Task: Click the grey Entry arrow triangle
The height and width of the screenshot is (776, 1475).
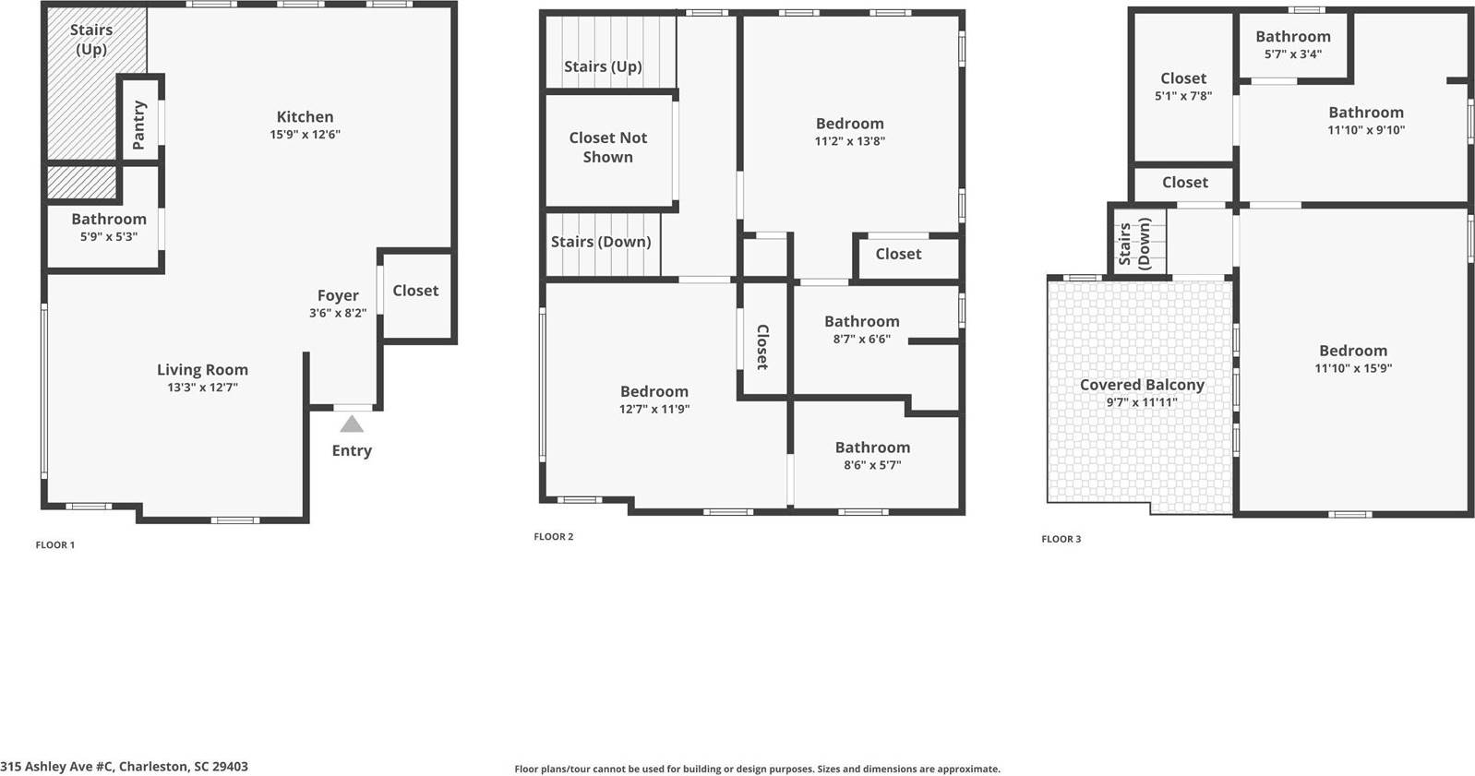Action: coord(352,424)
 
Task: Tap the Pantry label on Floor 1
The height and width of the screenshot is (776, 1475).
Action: coord(139,125)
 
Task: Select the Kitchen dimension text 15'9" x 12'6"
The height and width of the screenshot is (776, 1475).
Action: coord(305,135)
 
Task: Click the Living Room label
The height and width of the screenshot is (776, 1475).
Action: coord(202,370)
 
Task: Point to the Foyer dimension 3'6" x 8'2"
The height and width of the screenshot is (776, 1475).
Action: coord(338,314)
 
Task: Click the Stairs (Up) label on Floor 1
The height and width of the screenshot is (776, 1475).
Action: coord(91,39)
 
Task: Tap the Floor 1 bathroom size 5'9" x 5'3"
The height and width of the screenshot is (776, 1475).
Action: coord(109,237)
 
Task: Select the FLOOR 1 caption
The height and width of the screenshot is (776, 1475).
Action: coord(55,545)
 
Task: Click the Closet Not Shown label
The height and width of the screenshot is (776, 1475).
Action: coord(607,147)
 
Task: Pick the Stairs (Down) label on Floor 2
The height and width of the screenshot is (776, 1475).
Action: coord(601,242)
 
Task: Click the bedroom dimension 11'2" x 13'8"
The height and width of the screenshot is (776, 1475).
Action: coord(849,141)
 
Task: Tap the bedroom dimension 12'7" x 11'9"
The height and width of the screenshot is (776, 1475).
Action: coord(654,410)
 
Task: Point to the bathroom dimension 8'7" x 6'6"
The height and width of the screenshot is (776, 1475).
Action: coord(861,340)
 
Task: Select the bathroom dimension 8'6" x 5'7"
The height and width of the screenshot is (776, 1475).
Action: coord(872,465)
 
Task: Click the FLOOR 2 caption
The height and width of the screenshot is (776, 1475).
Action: coord(554,537)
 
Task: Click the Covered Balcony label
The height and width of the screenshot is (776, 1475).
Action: coord(1142,385)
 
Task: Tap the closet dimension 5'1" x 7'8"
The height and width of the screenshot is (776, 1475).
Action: coord(1183,96)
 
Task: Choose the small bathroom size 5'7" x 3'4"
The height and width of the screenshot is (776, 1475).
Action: coord(1293,54)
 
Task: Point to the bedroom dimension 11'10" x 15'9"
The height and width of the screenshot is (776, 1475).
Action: coord(1353,368)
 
